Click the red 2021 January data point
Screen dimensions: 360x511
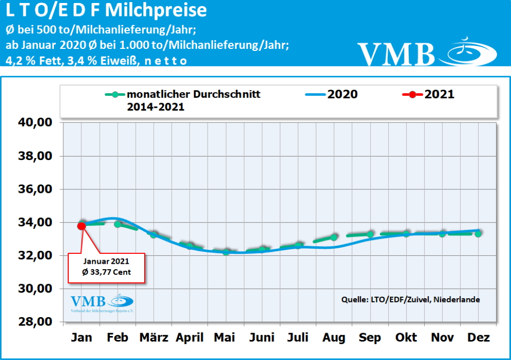click(81, 226)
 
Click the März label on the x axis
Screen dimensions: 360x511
click(154, 338)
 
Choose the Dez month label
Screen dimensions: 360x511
click(478, 338)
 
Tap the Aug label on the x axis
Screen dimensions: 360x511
click(334, 338)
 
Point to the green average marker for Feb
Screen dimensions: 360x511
click(117, 224)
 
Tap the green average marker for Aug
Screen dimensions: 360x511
click(334, 237)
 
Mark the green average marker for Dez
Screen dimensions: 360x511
click(478, 233)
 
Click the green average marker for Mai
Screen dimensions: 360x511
click(226, 252)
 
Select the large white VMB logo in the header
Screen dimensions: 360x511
click(427, 52)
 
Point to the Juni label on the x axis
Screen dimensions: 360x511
click(261, 338)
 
